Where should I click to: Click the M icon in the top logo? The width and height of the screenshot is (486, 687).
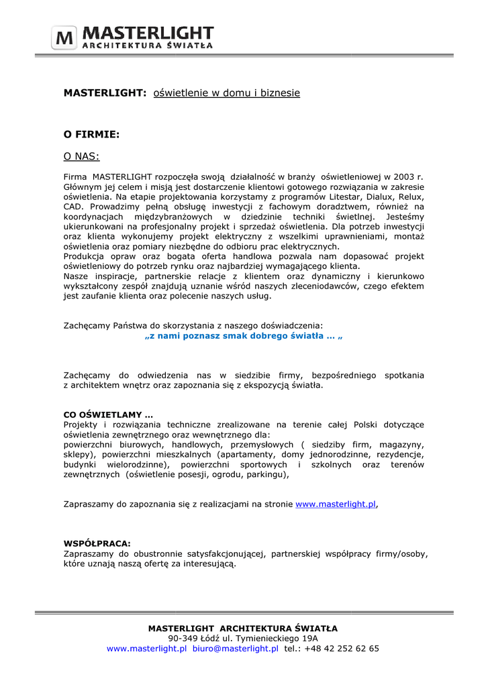[x=65, y=38]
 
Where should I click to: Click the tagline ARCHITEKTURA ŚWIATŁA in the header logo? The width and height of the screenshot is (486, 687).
[x=148, y=46]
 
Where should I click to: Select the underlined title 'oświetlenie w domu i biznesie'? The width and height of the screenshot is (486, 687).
[x=227, y=93]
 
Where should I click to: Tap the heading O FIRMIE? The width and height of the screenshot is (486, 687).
[x=91, y=134]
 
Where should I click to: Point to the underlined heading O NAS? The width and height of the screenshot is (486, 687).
[x=81, y=156]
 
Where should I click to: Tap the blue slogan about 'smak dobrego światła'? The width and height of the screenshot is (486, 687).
[x=244, y=335]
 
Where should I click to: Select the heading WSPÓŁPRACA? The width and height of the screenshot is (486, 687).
[x=97, y=544]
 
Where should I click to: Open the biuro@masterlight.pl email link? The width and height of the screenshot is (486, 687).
[x=235, y=649]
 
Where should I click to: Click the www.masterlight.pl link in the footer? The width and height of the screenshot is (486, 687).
[x=146, y=649]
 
